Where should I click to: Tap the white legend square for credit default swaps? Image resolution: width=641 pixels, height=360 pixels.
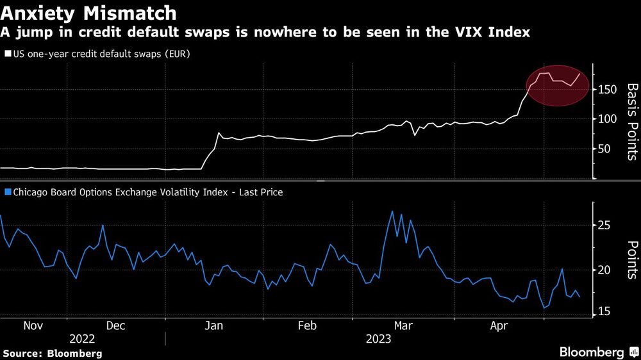[8, 54]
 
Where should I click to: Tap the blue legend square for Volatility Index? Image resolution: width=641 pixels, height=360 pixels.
[8, 192]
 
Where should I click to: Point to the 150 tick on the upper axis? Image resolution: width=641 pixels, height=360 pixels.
[608, 89]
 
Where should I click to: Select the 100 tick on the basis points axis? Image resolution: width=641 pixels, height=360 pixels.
[608, 119]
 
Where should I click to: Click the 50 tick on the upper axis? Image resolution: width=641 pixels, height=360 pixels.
[605, 149]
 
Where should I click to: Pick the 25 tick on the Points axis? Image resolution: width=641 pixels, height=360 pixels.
[605, 225]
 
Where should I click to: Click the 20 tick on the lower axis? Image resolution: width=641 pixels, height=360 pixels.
[605, 270]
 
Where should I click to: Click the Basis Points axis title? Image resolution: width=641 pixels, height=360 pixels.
[631, 122]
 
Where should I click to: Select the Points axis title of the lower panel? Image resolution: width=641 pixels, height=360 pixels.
[631, 259]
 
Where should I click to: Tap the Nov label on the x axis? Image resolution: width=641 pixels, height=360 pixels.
[33, 325]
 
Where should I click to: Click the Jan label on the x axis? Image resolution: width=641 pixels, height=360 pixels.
[213, 325]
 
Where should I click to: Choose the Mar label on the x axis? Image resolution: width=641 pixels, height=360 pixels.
[403, 325]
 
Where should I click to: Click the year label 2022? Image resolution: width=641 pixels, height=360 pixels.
[82, 339]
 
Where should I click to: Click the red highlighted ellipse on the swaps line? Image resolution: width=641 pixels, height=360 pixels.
[557, 86]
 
